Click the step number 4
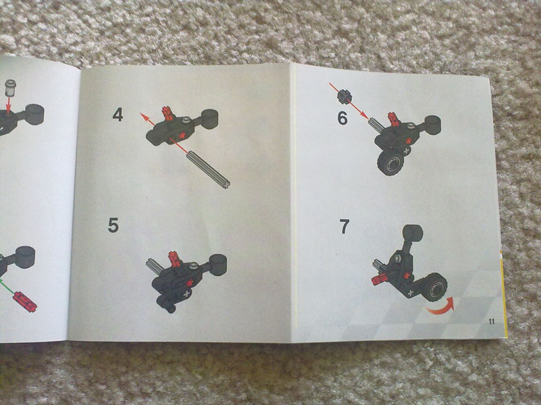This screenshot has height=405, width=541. point(118,115)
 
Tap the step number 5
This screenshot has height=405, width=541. point(113,225)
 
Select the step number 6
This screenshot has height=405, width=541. point(342,118)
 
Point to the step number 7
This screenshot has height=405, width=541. point(344,227)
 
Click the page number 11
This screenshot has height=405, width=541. point(492,321)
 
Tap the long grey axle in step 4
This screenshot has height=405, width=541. point(209,170)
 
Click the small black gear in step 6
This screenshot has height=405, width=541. point(344,96)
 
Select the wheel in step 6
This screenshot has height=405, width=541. point(391,163)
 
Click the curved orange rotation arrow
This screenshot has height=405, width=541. point(442,308)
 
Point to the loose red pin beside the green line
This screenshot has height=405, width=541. point(25,302)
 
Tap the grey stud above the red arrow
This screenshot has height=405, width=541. point(11,88)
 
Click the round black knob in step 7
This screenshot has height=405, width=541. point(413,233)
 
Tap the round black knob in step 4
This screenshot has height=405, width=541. point(209,119)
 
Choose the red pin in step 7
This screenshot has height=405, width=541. point(380,279)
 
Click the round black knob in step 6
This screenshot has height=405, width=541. point(432,125)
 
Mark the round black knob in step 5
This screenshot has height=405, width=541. point(217,265)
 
